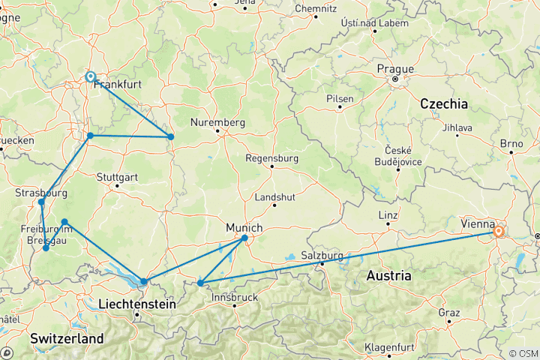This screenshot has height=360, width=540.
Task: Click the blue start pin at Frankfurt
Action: click(90, 76)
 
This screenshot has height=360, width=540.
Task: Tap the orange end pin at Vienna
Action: click(498, 232)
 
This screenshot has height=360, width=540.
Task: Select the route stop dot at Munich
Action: click(245, 238)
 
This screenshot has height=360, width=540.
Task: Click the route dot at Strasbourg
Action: click(41, 202)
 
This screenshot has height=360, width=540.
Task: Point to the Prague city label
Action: click(395, 68)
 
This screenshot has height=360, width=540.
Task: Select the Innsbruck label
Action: click(235, 298)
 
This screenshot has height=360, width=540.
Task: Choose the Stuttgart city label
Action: click(118, 178)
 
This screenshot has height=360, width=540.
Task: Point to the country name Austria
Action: click(388, 276)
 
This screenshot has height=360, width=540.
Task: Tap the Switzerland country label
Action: click(67, 339)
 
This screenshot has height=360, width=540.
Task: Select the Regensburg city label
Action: click(272, 158)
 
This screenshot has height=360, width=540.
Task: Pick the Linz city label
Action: click(387, 215)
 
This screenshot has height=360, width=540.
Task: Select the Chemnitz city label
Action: click(316, 8)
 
